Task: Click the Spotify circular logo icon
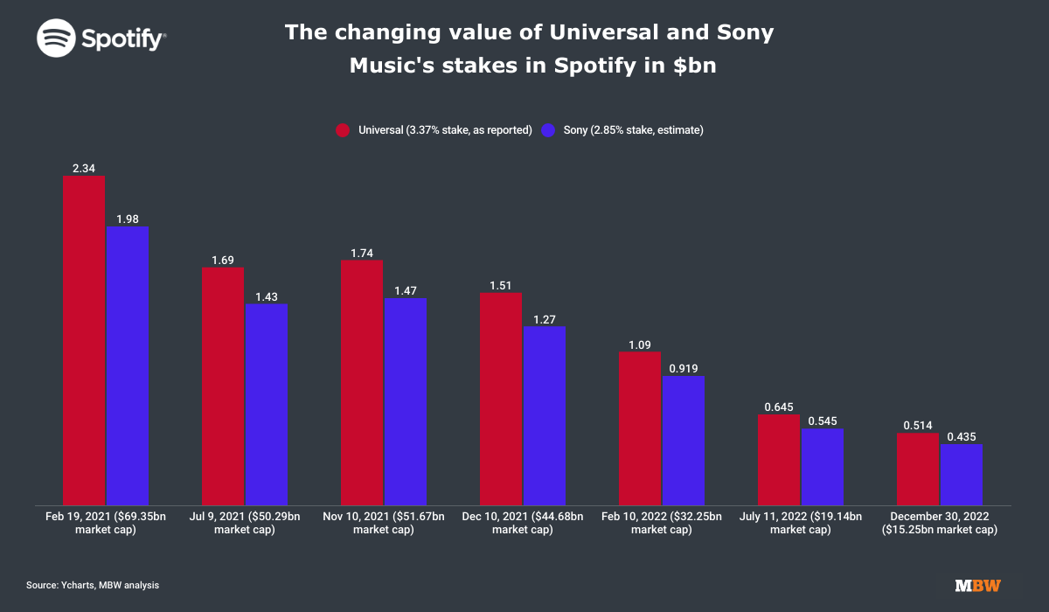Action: [56, 38]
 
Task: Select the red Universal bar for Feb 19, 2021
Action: [84, 340]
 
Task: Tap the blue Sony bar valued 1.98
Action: [128, 365]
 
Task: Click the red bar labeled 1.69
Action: [223, 386]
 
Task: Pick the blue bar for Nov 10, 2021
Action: [406, 402]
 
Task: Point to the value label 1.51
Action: [501, 286]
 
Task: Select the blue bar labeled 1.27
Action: [545, 416]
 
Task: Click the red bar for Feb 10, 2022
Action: [640, 428]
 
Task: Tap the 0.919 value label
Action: [684, 368]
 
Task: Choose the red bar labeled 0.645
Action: [779, 460]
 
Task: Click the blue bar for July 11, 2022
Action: [823, 467]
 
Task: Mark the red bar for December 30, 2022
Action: [918, 469]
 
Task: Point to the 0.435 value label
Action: [962, 437]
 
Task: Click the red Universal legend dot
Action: [343, 130]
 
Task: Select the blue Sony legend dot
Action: [548, 130]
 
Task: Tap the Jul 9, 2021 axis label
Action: [245, 523]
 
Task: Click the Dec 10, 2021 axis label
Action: [523, 523]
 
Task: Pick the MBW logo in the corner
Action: [978, 586]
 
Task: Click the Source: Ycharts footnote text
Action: [93, 585]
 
